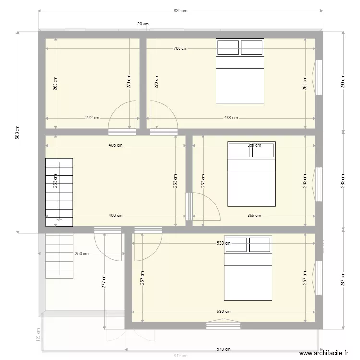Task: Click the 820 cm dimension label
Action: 180,11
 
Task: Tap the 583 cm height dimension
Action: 17,132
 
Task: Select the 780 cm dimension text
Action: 180,48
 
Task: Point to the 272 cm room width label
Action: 93,117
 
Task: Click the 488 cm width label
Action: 231,117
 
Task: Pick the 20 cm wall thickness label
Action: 143,24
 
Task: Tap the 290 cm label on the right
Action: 342,82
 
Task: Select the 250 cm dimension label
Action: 81,254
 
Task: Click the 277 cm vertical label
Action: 104,281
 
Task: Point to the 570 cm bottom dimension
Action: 224,349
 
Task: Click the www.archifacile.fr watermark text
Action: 324,353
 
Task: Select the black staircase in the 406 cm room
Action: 59,192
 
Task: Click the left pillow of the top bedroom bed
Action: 228,48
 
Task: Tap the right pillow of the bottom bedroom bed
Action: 259,244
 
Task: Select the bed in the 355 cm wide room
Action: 251,174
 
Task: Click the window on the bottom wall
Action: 223,325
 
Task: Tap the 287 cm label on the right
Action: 342,279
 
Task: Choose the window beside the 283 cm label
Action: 319,183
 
